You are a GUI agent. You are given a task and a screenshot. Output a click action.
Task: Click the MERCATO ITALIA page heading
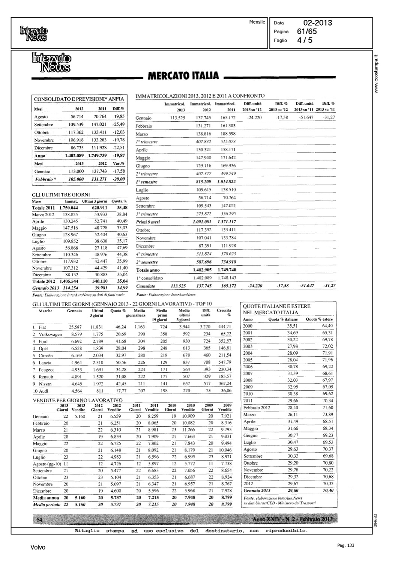pyautogui.click(x=183, y=75)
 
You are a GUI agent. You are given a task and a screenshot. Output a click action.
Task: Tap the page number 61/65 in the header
pyautogui.click(x=307, y=32)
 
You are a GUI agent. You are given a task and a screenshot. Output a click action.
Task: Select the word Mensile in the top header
pyautogui.click(x=257, y=22)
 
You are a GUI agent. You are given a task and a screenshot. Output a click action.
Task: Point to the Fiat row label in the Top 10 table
pyautogui.click(x=43, y=327)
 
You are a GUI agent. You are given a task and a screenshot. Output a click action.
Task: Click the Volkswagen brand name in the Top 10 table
pyautogui.click(x=50, y=334)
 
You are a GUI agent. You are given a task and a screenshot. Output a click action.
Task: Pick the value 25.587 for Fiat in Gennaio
pyautogui.click(x=75, y=327)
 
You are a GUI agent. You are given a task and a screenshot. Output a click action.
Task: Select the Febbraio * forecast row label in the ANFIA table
pyautogui.click(x=45, y=179)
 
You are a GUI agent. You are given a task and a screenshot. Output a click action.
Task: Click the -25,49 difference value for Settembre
pyautogui.click(x=119, y=124)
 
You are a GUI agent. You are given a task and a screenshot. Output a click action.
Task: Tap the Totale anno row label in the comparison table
pyautogui.click(x=148, y=270)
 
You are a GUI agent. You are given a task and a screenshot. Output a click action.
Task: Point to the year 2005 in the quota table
pyautogui.click(x=248, y=360)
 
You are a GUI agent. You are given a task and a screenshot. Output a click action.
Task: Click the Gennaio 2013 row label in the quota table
pyautogui.click(x=257, y=491)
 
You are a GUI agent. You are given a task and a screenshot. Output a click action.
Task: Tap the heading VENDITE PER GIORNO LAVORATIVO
pyautogui.click(x=78, y=400)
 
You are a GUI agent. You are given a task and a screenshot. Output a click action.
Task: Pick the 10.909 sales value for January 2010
pyautogui.click(x=188, y=416)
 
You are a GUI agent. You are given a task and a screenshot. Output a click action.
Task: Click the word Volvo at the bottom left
pyautogui.click(x=38, y=548)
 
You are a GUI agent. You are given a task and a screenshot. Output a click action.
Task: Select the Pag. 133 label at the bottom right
pyautogui.click(x=345, y=545)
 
